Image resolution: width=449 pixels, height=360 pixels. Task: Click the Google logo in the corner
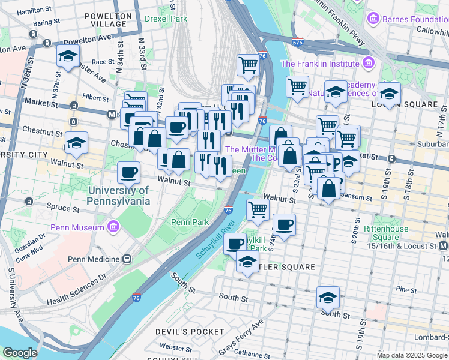19,353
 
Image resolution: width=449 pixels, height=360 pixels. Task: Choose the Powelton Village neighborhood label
108,20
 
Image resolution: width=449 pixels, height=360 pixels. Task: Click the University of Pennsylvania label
118,196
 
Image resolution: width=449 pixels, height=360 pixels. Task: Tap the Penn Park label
190,222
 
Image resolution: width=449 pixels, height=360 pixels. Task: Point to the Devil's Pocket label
181,331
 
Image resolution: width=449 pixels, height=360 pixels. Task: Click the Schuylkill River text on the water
215,242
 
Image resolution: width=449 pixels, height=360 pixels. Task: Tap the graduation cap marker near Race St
68,56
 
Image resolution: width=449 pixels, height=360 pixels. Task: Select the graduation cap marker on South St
328,296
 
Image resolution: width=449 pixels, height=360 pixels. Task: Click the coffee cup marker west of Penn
128,173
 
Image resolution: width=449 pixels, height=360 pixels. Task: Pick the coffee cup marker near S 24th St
284,224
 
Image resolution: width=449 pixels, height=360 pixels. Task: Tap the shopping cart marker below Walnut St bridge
258,209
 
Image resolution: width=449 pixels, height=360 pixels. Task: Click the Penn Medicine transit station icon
127,259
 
